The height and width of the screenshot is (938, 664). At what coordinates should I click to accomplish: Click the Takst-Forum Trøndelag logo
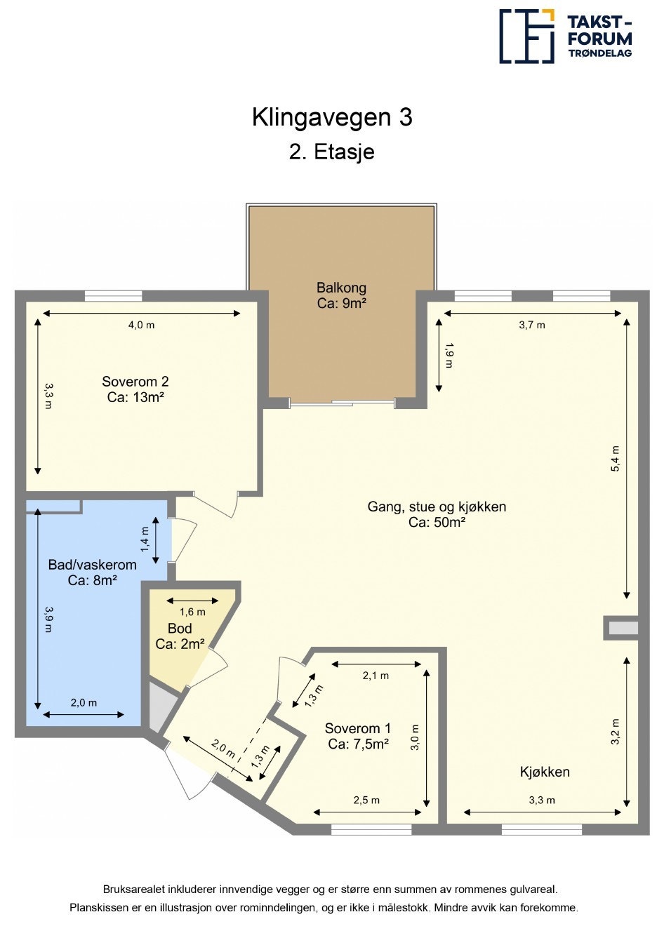[x=566, y=36]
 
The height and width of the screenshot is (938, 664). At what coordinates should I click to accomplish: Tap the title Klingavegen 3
[x=332, y=118]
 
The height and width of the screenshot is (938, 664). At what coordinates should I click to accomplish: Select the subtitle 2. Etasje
[x=332, y=152]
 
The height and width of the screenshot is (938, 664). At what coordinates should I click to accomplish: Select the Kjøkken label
[x=545, y=772]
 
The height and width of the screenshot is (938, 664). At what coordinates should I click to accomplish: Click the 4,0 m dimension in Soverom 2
[x=141, y=325]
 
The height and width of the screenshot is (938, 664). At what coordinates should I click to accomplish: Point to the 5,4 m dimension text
[x=615, y=459]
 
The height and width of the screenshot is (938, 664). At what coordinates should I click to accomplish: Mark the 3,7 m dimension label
[x=532, y=325]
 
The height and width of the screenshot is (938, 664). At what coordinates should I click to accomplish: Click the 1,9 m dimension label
[x=449, y=356]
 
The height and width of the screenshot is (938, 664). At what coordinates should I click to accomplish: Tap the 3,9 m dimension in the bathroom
[x=48, y=619]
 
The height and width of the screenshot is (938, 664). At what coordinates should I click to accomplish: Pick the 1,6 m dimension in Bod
[x=192, y=612]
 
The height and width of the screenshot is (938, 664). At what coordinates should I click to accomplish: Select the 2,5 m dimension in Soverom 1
[x=366, y=800]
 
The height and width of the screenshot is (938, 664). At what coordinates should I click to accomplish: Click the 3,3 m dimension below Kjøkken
[x=542, y=800]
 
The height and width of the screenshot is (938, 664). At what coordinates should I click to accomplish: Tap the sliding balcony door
[x=343, y=403]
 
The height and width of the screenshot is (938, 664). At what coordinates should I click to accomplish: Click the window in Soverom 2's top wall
[x=113, y=296]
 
